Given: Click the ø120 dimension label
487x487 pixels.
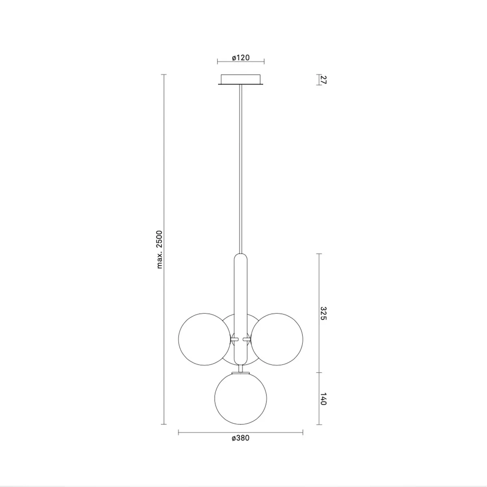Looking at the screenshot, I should click(x=241, y=58).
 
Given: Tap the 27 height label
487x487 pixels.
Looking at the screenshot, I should click(x=323, y=80).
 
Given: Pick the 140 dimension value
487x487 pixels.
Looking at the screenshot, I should click(x=323, y=399).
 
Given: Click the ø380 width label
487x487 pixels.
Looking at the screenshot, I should click(x=240, y=438).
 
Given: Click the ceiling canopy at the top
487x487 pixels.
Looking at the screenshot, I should click(x=241, y=79).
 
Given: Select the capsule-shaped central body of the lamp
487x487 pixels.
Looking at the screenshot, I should click(x=241, y=284).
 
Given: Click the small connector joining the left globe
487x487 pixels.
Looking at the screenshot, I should click(x=235, y=338).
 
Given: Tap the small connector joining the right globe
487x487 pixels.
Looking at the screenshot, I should click(x=247, y=338).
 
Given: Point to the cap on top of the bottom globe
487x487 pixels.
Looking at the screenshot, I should click(x=241, y=372).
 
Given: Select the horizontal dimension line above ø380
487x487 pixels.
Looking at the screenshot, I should click(x=240, y=433).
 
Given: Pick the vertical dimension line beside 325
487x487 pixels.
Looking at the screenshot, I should click(x=319, y=284).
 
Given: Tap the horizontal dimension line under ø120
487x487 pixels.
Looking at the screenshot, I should click(x=241, y=62).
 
